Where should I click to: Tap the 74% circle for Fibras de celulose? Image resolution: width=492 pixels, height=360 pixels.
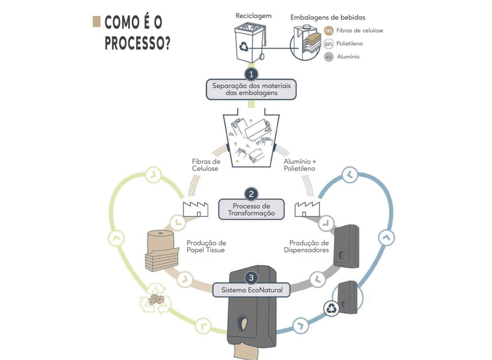tap(329, 31)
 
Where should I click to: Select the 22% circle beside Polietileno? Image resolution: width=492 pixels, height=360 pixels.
tap(329, 44)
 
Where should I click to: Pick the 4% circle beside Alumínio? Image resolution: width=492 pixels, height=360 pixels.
tap(329, 57)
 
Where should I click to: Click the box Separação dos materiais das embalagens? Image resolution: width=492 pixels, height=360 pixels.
tap(251, 89)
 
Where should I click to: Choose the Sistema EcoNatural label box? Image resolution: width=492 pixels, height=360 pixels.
tap(251, 290)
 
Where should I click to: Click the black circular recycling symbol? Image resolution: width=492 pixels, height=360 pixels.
tap(331, 309)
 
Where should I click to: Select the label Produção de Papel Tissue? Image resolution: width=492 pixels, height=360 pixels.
tap(206, 246)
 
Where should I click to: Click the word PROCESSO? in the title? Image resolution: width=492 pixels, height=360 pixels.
tap(137, 43)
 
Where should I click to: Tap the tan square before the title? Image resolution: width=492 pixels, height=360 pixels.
tap(96, 21)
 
